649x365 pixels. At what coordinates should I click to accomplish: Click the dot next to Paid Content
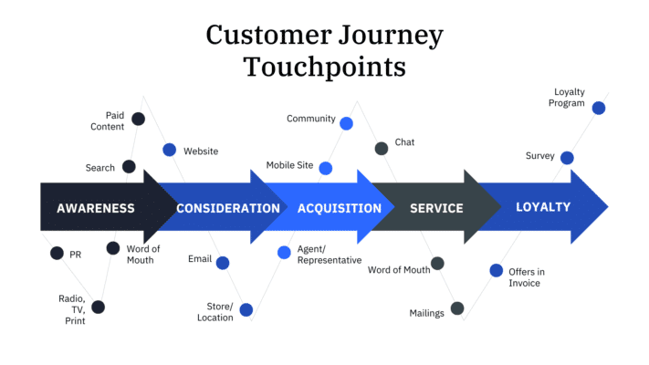point(138,119)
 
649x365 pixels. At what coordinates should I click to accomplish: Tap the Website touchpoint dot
point(170,150)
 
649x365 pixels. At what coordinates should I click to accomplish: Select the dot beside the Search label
point(129,167)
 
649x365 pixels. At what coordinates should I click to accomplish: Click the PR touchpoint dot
point(57,253)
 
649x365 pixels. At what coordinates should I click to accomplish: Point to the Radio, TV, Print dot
point(98,307)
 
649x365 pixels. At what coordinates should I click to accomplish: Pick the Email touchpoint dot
point(223,263)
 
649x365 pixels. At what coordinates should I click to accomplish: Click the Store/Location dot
point(246,309)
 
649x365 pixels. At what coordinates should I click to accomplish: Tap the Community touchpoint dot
point(346,123)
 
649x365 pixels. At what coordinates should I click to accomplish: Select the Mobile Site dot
point(325,168)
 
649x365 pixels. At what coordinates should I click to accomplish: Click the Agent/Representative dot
point(284,252)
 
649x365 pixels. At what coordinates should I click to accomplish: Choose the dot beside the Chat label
point(382,149)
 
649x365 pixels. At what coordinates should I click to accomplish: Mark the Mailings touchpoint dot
point(457,308)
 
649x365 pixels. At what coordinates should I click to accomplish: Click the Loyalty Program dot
point(599,108)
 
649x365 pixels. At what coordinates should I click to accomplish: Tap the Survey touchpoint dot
point(567,158)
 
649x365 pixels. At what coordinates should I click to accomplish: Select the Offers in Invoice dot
point(496,270)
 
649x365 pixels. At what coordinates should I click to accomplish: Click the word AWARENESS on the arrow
point(96,208)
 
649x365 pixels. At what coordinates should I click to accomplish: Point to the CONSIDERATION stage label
point(228,208)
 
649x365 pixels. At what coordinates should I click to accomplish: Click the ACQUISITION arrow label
point(340,208)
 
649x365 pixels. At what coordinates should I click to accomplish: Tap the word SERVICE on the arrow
point(436,208)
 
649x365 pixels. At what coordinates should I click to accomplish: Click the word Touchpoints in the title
point(324,68)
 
